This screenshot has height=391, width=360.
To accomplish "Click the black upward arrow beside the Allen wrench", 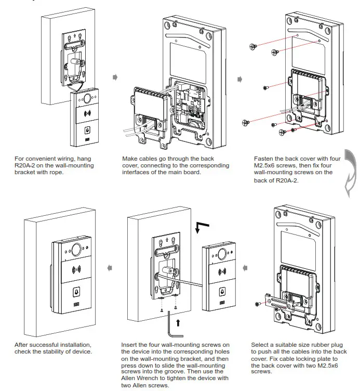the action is (178, 322).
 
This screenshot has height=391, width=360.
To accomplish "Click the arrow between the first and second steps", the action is (115, 77).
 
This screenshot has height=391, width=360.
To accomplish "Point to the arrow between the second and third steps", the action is (239, 80).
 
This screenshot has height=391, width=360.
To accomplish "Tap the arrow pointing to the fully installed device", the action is (110, 268).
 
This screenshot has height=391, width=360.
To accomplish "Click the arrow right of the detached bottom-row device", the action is (245, 268).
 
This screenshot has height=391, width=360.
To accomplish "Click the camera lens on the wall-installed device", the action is (76, 250).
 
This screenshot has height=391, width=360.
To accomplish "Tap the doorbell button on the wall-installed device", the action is (76, 292).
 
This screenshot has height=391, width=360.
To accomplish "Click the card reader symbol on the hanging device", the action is (87, 114).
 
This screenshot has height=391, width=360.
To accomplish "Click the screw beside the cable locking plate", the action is (258, 304).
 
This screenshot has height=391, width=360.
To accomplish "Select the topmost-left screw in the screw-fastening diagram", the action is (254, 46).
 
